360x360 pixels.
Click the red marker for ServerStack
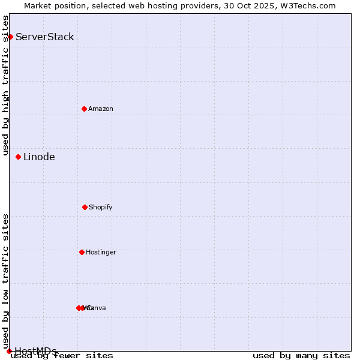[x=10, y=37]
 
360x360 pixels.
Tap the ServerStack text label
[x=45, y=37]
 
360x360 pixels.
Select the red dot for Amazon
[x=84, y=109]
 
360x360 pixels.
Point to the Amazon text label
[x=101, y=109]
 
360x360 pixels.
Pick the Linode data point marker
[x=18, y=157]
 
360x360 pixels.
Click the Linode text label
[x=39, y=157]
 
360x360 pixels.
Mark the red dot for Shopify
[x=85, y=207]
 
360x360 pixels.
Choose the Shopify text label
[x=101, y=208]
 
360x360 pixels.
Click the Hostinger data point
[x=82, y=252]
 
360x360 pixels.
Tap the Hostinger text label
[x=101, y=253]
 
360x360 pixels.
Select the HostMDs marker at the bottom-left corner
[x=9, y=351]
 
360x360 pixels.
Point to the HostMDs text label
[x=35, y=351]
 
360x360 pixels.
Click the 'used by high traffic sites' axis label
[x=5, y=85]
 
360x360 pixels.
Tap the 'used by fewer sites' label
[x=62, y=356]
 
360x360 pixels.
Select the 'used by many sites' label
[x=301, y=356]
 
